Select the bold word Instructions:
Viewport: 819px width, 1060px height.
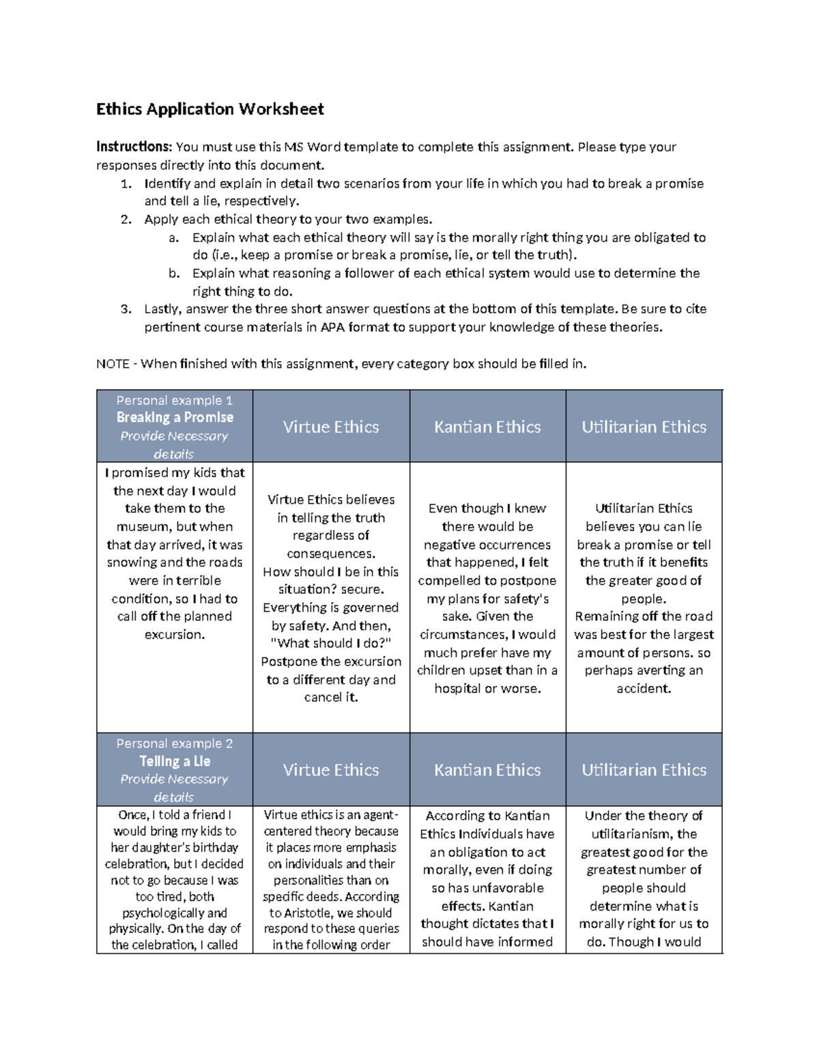point(134,147)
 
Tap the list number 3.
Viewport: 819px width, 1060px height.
point(125,309)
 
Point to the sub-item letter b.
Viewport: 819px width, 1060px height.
point(173,274)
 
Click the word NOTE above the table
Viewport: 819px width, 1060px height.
point(113,364)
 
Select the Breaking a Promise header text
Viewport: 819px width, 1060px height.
point(175,418)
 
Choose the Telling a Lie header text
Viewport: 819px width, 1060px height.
point(175,761)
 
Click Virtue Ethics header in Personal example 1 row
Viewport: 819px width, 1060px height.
point(331,427)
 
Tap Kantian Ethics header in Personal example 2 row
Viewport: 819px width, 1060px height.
point(487,770)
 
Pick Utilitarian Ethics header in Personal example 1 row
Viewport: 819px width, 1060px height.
point(644,427)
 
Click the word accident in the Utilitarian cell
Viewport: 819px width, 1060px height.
point(644,689)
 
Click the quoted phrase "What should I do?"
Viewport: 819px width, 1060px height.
point(331,644)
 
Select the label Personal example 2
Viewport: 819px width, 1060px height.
point(175,743)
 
